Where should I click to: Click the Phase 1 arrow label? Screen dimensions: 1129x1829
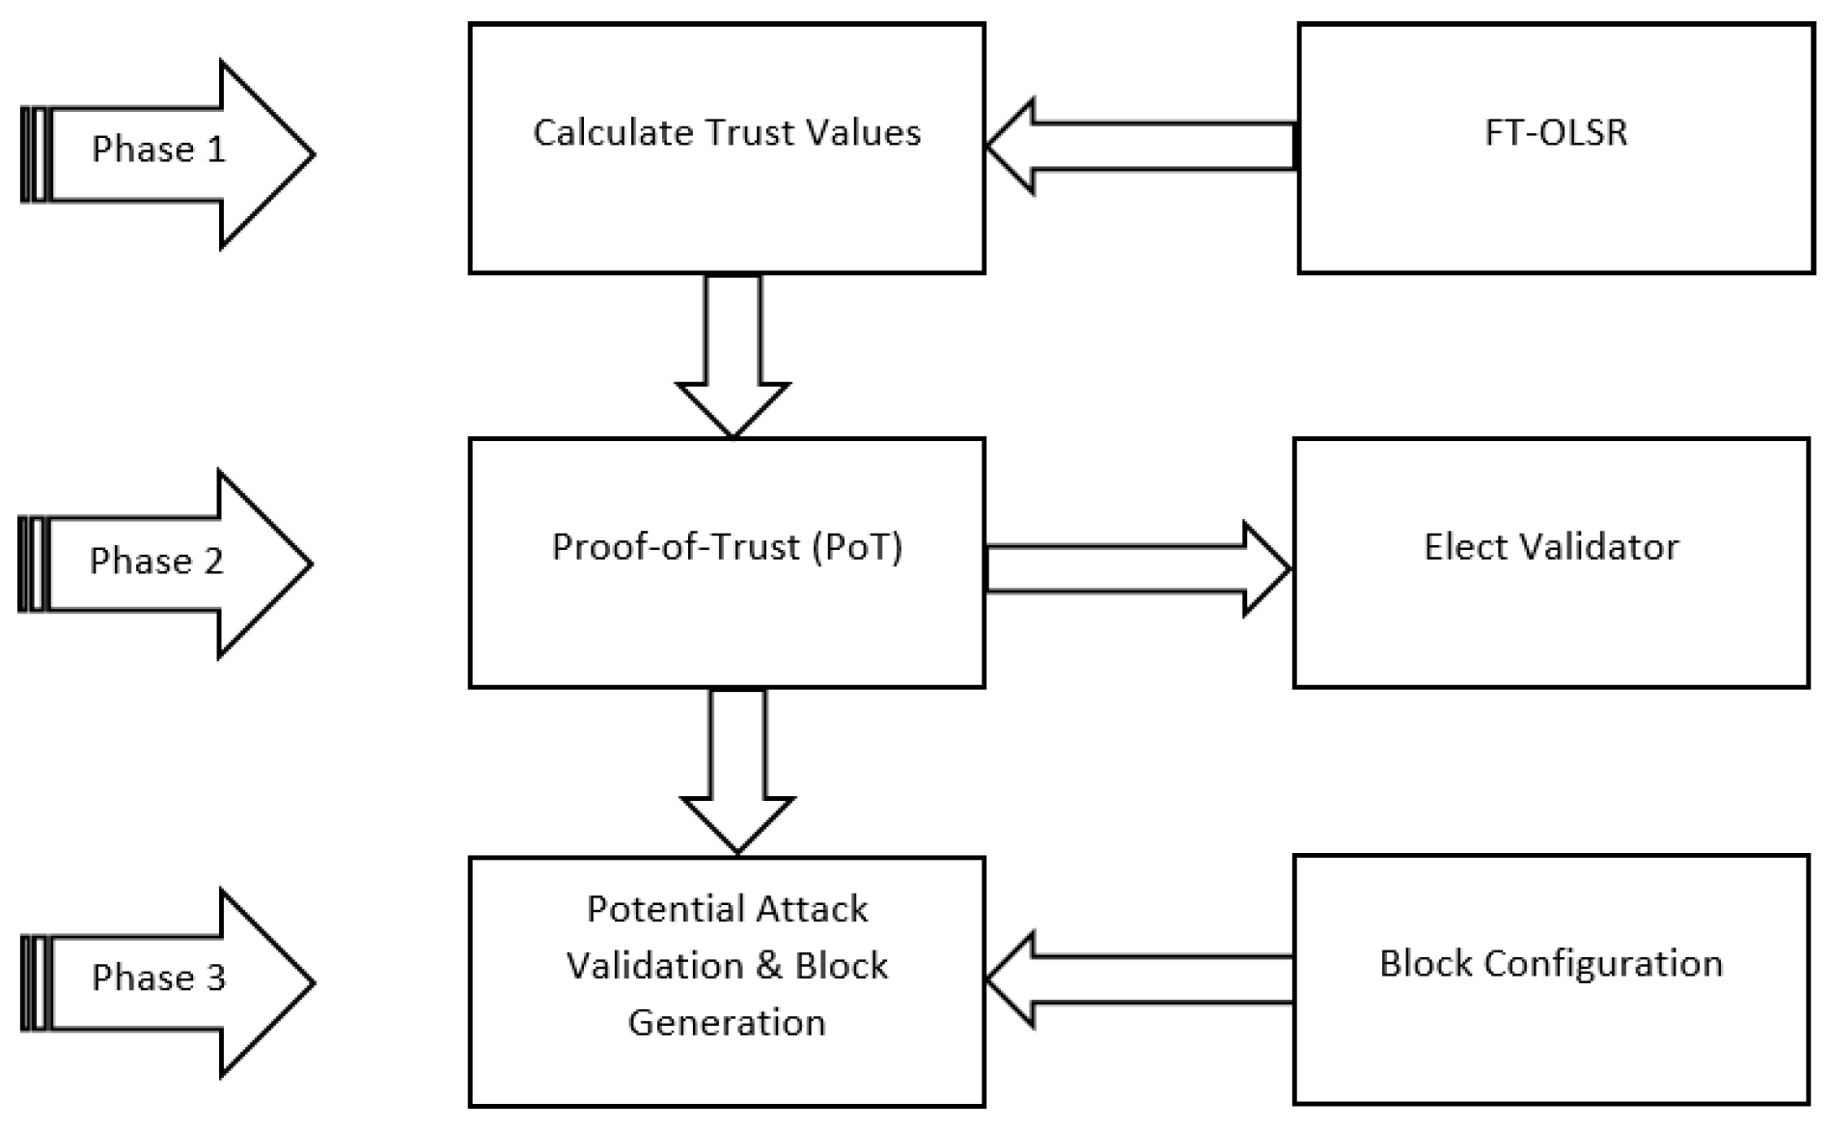tap(158, 150)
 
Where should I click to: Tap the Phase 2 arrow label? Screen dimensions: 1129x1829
tap(156, 562)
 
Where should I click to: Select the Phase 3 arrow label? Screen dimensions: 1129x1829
tap(158, 978)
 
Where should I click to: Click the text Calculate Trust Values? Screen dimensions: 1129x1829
tap(727, 132)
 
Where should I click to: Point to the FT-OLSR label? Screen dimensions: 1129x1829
tap(1555, 132)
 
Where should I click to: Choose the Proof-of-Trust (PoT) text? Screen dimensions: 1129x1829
tap(727, 547)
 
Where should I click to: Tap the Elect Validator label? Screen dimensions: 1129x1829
tap(1551, 547)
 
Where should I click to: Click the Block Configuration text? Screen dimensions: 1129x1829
tap(1551, 963)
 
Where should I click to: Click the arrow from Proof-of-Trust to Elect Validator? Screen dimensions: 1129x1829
tap(1139, 568)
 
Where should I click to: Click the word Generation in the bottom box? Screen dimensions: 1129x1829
tap(727, 1022)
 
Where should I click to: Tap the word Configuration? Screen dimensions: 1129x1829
tap(1603, 963)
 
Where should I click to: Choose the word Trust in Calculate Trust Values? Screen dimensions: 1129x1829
tap(746, 132)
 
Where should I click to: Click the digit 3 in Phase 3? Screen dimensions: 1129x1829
tap(215, 978)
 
